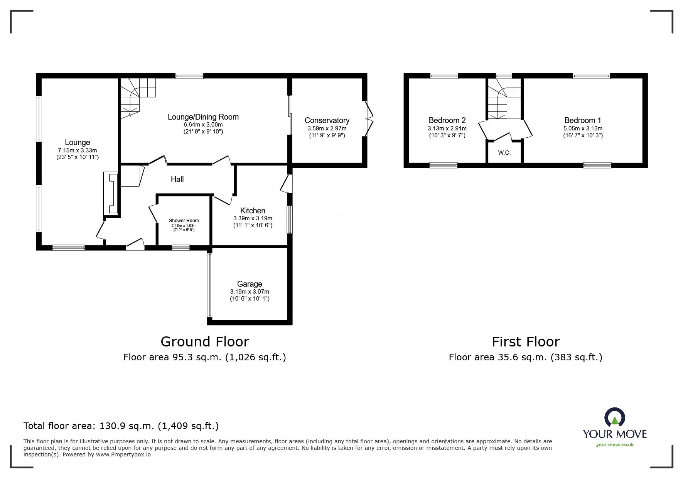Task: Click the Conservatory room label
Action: [327, 120]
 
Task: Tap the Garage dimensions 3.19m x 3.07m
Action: [250, 292]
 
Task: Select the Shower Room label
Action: [184, 221]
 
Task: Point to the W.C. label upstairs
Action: [504, 153]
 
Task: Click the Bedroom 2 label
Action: [447, 120]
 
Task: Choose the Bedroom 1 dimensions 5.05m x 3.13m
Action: [583, 128]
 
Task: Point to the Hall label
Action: [177, 179]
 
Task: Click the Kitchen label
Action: [253, 211]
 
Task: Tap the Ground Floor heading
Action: [204, 341]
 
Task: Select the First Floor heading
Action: [525, 341]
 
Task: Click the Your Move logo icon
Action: [614, 418]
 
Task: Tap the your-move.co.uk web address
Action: [615, 445]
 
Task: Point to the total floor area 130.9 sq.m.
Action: [121, 426]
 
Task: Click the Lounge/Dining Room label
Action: [203, 117]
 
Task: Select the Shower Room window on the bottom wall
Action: [180, 248]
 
